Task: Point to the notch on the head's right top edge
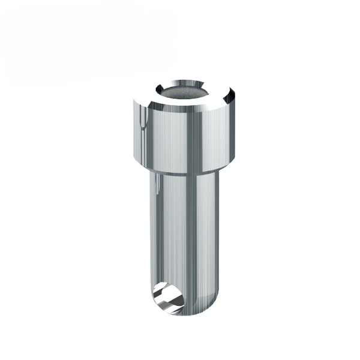[229, 95]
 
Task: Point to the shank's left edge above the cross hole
[150, 252]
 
